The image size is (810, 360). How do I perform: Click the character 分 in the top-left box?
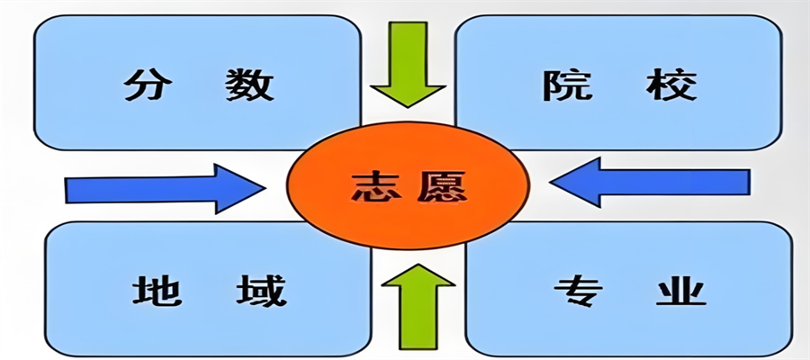tap(141, 85)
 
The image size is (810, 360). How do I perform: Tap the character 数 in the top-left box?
tap(250, 85)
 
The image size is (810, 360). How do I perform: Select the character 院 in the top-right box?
tap(560, 85)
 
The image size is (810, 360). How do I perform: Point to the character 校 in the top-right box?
tap(671, 85)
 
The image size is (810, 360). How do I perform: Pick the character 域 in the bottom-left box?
tap(261, 290)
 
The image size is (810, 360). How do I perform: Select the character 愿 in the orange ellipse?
tap(442, 186)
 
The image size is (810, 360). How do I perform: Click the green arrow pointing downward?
tap(408, 64)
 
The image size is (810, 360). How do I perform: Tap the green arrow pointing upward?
tap(418, 306)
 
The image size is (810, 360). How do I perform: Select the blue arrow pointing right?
tap(166, 189)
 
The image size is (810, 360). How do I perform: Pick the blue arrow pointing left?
tap(650, 183)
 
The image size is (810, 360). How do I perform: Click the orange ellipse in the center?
tap(409, 186)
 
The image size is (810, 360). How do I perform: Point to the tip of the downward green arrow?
tap(408, 107)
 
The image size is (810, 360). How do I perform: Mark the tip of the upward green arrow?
tap(418, 264)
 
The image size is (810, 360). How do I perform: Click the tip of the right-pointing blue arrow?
tap(265, 188)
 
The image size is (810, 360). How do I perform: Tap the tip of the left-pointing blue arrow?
tap(550, 183)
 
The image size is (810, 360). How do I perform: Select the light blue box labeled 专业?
tap(629, 289)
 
